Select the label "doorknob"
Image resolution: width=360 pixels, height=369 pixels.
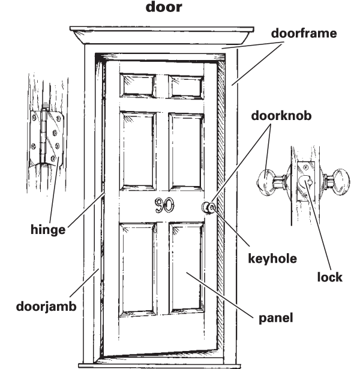281,116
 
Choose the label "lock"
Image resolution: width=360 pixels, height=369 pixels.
330,277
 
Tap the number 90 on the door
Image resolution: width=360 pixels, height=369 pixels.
165,206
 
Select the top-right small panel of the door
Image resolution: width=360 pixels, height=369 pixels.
185,88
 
